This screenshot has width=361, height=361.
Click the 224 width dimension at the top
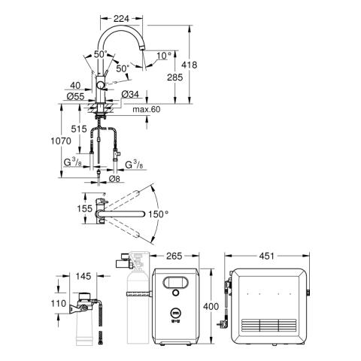click(121, 19)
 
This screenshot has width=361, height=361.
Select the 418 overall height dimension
click(190, 65)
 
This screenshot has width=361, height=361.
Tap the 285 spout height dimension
click(174, 77)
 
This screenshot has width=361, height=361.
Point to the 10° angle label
click(164, 56)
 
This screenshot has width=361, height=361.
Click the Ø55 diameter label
click(75, 96)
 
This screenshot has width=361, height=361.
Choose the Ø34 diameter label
click(130, 94)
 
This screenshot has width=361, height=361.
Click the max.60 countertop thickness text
click(147, 109)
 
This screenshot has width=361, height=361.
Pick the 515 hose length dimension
click(79, 129)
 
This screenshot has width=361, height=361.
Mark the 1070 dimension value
click(61, 141)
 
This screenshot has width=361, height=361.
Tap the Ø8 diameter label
click(114, 179)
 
